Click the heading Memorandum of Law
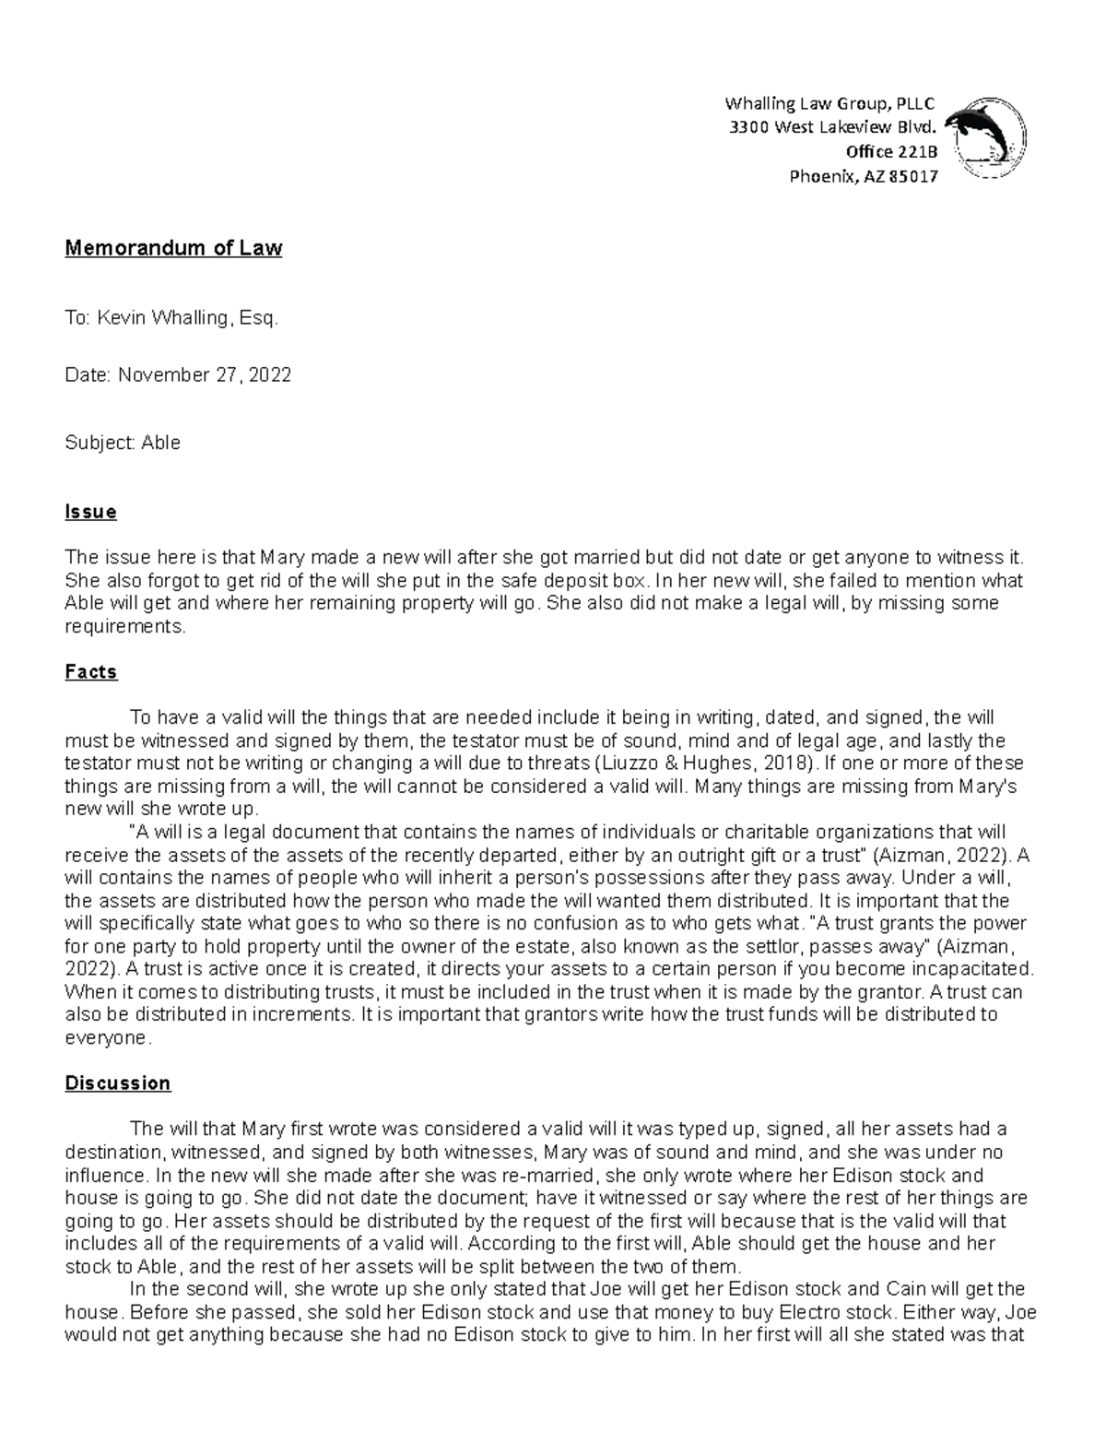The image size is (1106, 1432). click(x=173, y=248)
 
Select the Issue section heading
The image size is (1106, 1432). click(x=90, y=512)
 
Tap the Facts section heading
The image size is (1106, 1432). click(x=91, y=672)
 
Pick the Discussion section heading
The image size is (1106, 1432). click(x=118, y=1083)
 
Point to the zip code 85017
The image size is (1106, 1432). click(x=912, y=177)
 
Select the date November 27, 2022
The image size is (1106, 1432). click(x=204, y=375)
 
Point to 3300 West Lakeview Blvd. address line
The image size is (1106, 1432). click(x=832, y=127)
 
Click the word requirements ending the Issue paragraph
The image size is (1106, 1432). click(x=124, y=627)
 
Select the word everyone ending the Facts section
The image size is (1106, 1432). click(x=105, y=1038)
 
